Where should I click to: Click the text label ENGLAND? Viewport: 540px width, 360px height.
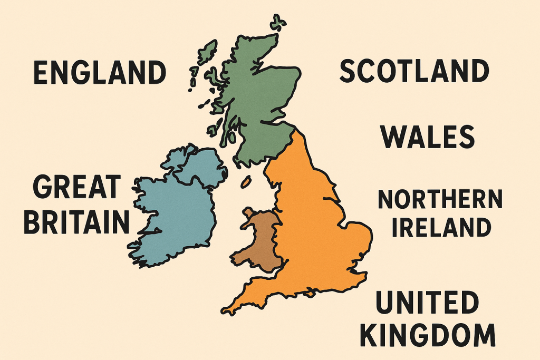pos(100,73)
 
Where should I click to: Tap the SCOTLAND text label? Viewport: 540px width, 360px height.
pos(413,71)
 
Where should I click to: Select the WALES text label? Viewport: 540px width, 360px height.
pos(428,137)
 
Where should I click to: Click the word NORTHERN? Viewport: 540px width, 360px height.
pos(440,201)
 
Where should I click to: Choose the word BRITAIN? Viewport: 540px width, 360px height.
pos(77,222)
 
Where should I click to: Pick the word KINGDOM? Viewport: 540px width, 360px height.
pos(436,335)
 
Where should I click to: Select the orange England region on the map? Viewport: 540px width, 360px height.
pos(311,221)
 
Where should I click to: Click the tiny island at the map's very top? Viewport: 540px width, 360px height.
pos(278,23)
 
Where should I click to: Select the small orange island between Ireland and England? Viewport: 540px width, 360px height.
pos(246,182)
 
